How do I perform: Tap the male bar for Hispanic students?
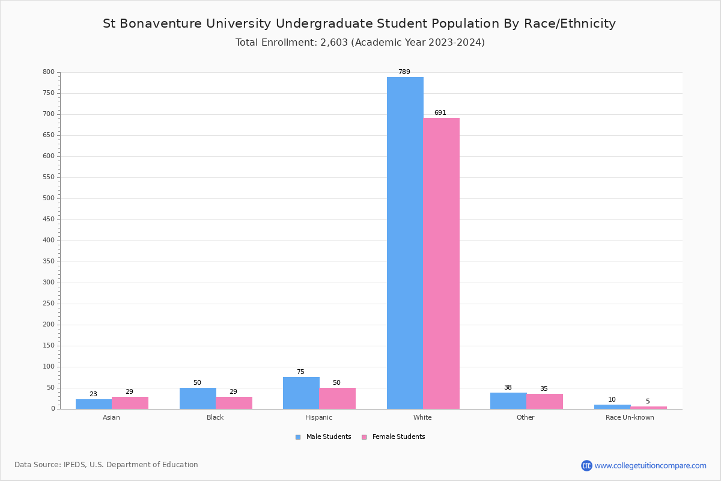click(301, 393)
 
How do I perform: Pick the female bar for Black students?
click(234, 403)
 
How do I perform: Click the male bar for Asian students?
click(94, 404)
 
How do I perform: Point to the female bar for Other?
click(544, 402)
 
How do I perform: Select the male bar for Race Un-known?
click(612, 407)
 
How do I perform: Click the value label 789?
click(404, 72)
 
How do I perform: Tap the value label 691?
click(440, 113)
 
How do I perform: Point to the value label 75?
click(300, 372)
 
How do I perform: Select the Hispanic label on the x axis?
click(318, 417)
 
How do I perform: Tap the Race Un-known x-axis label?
click(630, 417)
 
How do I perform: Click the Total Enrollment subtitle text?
click(360, 43)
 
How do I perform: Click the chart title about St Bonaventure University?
click(359, 24)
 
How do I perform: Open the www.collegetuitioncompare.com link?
click(650, 465)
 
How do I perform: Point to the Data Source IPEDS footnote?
click(106, 465)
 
